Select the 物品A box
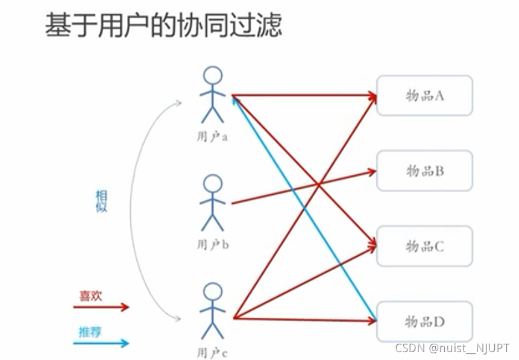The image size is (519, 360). tap(424, 95)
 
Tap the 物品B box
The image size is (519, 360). tap(424, 171)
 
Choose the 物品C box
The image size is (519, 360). tap(424, 246)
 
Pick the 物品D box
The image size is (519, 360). tap(424, 321)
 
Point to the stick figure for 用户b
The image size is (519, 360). tap(212, 203)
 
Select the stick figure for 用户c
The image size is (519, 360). tap(212, 311)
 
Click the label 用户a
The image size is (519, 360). tap(212, 137)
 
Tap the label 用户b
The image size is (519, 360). tap(212, 245)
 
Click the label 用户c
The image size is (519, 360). tap(212, 353)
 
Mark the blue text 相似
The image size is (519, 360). tap(101, 201)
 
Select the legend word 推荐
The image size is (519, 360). tap(90, 332)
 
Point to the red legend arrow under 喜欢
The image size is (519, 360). tap(101, 307)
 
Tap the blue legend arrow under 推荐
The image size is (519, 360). tap(101, 343)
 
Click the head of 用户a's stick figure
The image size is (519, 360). tap(212, 76)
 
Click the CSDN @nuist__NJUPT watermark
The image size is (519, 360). tap(452, 348)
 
